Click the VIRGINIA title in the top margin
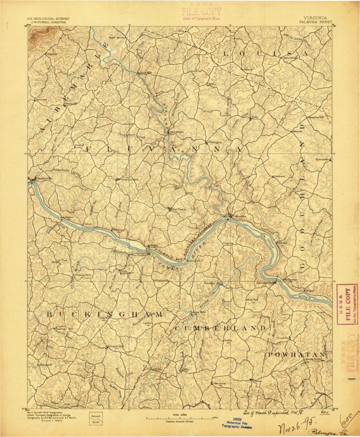click(x=315, y=18)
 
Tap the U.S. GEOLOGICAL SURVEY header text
click(x=47, y=18)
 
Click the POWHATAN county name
click(x=297, y=355)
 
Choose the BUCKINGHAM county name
click(x=104, y=314)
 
